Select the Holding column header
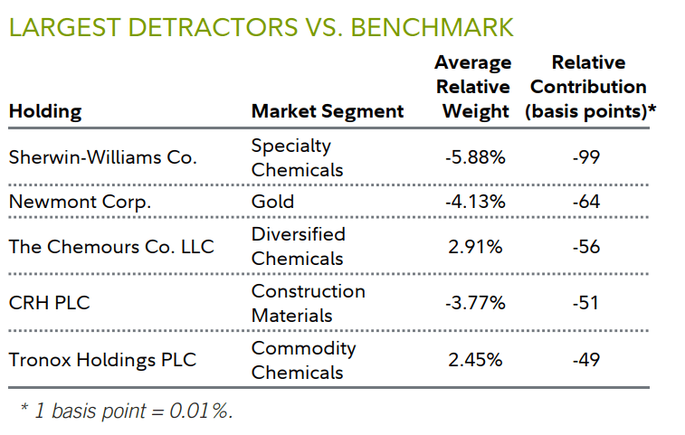coord(44,111)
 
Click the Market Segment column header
coord(328,111)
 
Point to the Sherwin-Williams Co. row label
coord(102,156)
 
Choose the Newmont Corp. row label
coord(80,202)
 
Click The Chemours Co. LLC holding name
coord(111,246)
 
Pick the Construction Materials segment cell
coord(308,303)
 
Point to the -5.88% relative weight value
coord(475,156)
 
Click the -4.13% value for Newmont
coord(475,202)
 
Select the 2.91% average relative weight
coord(475,246)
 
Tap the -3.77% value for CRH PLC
coord(475,303)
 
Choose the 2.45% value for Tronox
coord(475,360)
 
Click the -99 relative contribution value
coord(586,156)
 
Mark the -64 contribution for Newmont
coord(586,202)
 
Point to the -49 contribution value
coord(586,360)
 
